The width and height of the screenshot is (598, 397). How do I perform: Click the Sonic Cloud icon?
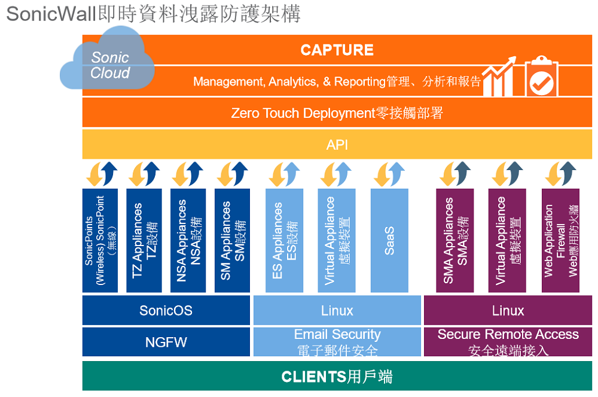(108, 59)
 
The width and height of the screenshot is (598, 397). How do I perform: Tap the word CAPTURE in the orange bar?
(337, 50)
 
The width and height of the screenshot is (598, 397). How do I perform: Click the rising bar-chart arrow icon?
(499, 77)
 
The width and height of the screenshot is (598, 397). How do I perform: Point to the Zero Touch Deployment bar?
(337, 113)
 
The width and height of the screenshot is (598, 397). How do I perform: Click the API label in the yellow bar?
(337, 145)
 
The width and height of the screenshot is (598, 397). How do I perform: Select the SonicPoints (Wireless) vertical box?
(100, 241)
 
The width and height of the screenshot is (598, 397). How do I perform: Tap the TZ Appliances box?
(144, 241)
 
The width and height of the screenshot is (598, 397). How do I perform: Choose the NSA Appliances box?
(188, 241)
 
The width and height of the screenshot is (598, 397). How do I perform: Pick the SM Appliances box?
(232, 241)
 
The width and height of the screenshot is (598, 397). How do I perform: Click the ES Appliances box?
(285, 241)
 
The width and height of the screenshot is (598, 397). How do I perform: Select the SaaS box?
(389, 241)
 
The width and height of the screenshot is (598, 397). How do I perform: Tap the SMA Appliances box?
(455, 241)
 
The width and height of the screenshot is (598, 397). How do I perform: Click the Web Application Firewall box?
(561, 241)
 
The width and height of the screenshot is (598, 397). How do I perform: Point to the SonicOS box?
(166, 310)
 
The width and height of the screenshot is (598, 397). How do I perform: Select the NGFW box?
(166, 342)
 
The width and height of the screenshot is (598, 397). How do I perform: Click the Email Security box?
(337, 342)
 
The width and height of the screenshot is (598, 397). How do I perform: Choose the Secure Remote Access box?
(508, 342)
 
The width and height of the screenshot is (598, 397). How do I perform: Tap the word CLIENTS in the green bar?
(314, 377)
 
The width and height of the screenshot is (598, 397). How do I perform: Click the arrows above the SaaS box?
(389, 174)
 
